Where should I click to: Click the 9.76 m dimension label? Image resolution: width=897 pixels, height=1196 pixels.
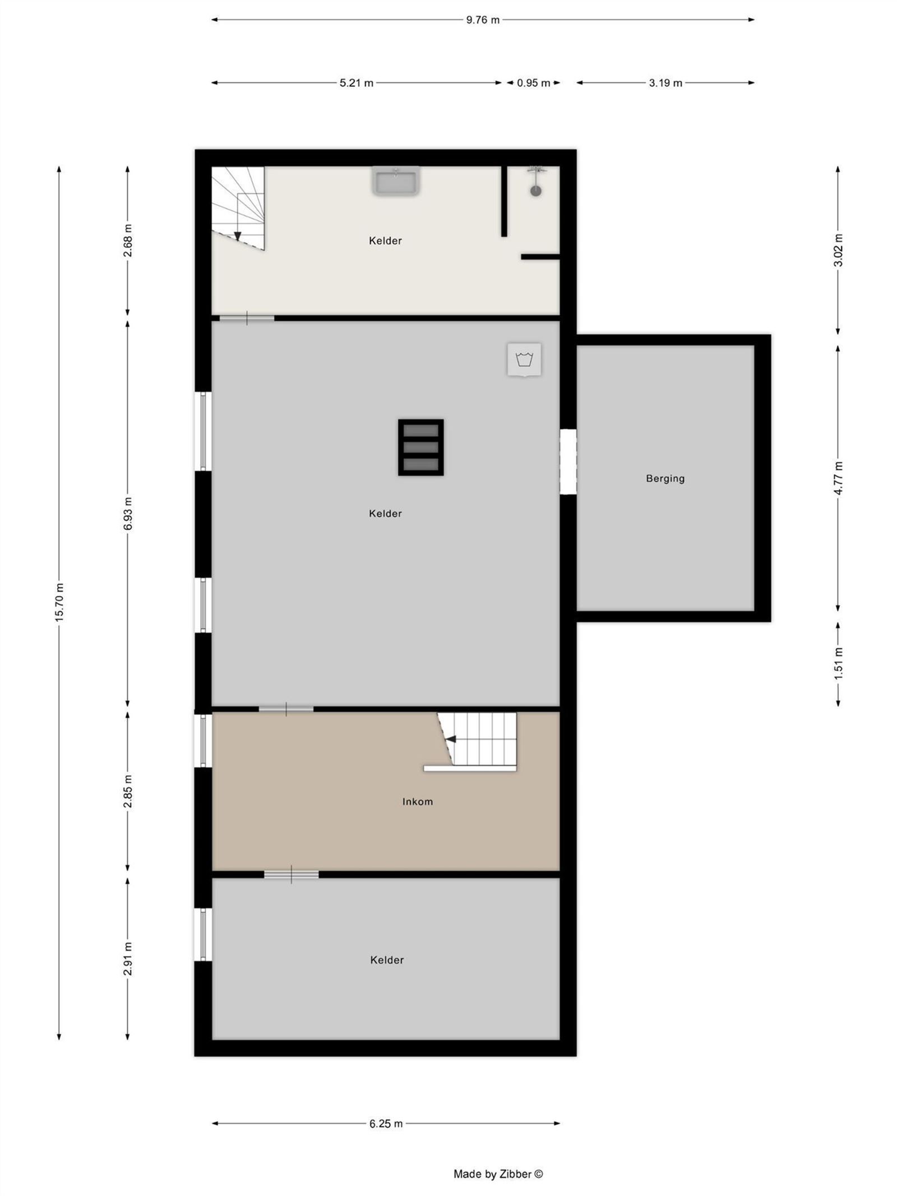[x=482, y=20]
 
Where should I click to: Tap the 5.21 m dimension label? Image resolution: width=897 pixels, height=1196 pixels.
[x=356, y=83]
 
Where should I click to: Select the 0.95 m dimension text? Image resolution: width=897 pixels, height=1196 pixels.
[x=533, y=83]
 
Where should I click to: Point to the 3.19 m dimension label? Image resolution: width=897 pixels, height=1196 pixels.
[x=665, y=83]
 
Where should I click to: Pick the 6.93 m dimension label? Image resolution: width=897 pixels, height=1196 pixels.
[x=128, y=513]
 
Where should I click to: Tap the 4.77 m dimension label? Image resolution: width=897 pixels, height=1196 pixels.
[x=838, y=478]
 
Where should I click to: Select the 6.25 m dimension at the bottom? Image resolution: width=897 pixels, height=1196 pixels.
[x=386, y=1123]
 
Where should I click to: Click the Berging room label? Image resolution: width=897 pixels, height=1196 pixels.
[x=665, y=478]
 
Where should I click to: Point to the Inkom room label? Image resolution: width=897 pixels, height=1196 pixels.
[x=418, y=801]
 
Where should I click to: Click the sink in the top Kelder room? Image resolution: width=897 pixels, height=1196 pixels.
[x=396, y=181]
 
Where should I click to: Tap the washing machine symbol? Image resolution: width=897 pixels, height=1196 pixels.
[x=524, y=359]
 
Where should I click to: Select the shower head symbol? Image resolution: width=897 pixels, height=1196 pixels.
[x=536, y=190]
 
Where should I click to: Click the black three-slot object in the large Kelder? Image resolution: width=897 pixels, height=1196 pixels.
[x=420, y=447]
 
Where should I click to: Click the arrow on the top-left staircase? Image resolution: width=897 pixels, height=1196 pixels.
[x=237, y=236]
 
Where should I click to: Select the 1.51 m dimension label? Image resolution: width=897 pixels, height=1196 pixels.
[x=838, y=663]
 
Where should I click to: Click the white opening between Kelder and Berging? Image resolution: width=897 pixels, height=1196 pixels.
[x=568, y=461]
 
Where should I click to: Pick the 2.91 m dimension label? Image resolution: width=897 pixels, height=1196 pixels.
[x=128, y=959]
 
